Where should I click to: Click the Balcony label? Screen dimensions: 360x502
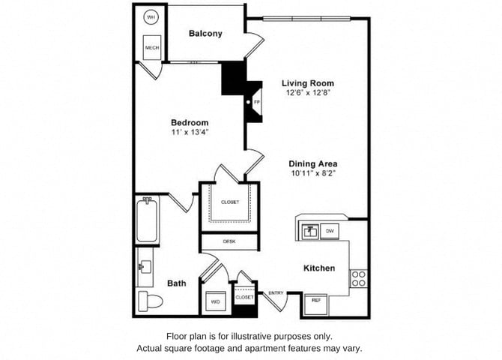click(x=205, y=34)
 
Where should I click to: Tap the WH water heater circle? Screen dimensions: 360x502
click(x=151, y=16)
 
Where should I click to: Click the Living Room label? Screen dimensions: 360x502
click(x=307, y=83)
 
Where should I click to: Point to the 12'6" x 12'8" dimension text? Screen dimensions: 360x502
click(x=307, y=94)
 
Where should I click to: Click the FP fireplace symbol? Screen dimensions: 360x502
click(x=256, y=101)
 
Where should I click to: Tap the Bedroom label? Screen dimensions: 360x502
click(x=190, y=122)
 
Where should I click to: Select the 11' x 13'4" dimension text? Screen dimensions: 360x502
click(x=190, y=132)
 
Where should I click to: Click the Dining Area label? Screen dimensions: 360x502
click(x=312, y=163)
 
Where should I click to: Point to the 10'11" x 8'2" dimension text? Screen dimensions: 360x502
click(x=312, y=173)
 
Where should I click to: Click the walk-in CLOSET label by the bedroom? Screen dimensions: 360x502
click(x=229, y=202)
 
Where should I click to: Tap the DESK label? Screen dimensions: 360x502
click(x=229, y=241)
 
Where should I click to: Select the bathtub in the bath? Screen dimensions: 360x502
click(x=147, y=218)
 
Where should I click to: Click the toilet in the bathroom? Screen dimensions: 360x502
click(x=148, y=301)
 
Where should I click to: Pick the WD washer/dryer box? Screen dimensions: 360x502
click(x=215, y=301)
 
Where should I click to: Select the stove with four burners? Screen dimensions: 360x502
click(x=359, y=278)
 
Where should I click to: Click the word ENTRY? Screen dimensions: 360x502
click(x=276, y=292)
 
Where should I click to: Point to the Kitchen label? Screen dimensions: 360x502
click(x=318, y=268)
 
